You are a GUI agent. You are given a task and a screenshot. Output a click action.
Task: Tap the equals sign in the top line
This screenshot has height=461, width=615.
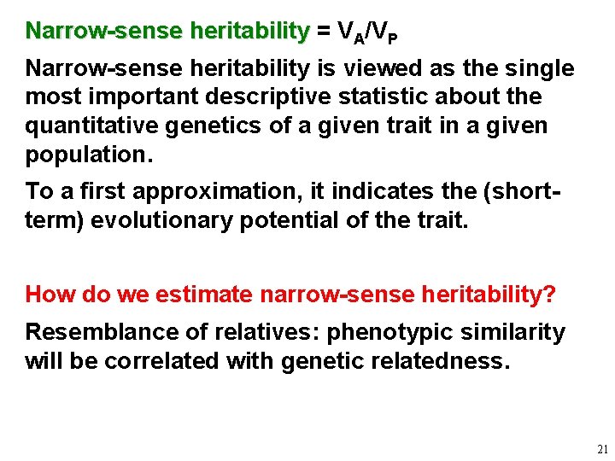(323, 32)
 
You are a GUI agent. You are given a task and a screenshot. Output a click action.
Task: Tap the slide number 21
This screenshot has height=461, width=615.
(602, 448)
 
